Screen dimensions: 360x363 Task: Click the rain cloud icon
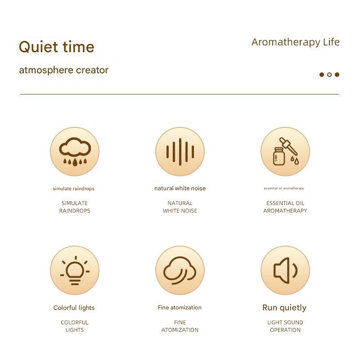[x=75, y=152]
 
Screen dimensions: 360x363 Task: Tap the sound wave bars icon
[x=180, y=152]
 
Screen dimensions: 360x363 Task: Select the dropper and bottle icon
[x=285, y=151]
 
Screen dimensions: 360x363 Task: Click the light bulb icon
[x=75, y=270]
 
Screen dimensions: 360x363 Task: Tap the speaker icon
[x=285, y=270]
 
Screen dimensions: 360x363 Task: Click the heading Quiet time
[x=57, y=47]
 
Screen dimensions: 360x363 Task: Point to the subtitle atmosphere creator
[x=64, y=70]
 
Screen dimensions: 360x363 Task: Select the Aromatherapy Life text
[x=296, y=42]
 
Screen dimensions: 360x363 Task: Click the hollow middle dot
[x=329, y=75]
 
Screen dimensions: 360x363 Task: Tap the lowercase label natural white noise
[x=180, y=188]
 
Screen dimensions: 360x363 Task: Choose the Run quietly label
[x=284, y=308]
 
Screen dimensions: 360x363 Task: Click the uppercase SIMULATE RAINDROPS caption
[x=75, y=207]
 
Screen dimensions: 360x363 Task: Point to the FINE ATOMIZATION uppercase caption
[x=180, y=326]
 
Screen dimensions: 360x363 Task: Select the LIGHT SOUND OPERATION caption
[x=285, y=326]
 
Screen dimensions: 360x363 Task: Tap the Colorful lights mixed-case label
[x=74, y=308]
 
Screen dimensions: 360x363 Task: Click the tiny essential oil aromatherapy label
[x=284, y=188]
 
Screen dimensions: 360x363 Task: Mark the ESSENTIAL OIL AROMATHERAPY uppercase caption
[x=285, y=207]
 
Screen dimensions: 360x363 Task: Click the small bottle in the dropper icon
[x=279, y=156]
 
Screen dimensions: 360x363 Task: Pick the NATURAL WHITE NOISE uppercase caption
[x=180, y=207]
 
